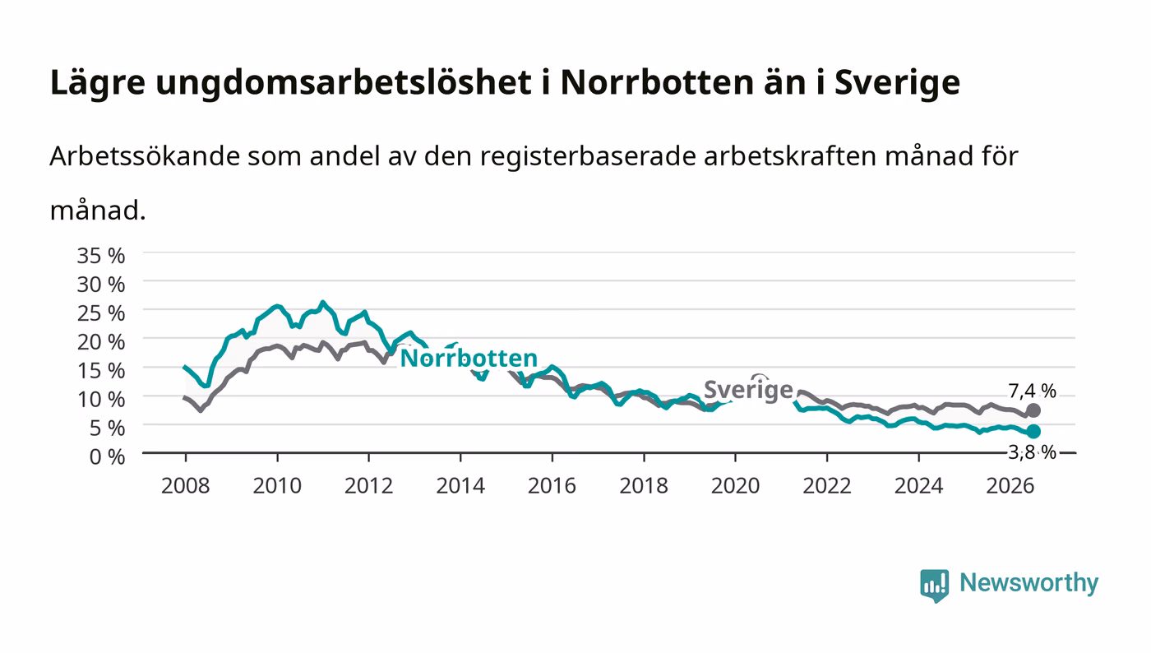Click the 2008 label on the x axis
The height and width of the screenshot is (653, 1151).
click(186, 486)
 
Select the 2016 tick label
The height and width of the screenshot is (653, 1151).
click(552, 486)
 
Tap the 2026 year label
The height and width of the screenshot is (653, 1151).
click(1010, 486)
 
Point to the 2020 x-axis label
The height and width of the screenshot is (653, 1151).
click(735, 486)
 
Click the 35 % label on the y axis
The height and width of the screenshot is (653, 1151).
click(101, 256)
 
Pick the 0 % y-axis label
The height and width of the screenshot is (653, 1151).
click(108, 456)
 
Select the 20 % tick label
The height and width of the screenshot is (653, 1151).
click(101, 342)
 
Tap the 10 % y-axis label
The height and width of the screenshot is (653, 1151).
click(101, 400)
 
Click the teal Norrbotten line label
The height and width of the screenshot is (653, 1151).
click(469, 359)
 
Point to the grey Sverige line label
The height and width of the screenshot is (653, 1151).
click(748, 391)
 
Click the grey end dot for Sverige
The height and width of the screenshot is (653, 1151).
click(1033, 410)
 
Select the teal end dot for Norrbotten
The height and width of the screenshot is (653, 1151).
click(1033, 432)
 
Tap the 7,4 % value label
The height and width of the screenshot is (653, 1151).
click(1033, 391)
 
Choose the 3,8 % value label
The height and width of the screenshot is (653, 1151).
click(1033, 452)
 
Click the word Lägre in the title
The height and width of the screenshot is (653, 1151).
click(98, 83)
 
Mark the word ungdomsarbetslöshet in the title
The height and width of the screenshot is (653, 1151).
click(344, 83)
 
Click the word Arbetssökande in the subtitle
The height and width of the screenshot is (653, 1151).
click(145, 156)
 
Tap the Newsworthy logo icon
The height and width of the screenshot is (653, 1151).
click(934, 585)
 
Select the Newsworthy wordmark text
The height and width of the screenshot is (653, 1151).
click(1029, 583)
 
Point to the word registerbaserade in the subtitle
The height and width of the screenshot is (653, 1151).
click(587, 157)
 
